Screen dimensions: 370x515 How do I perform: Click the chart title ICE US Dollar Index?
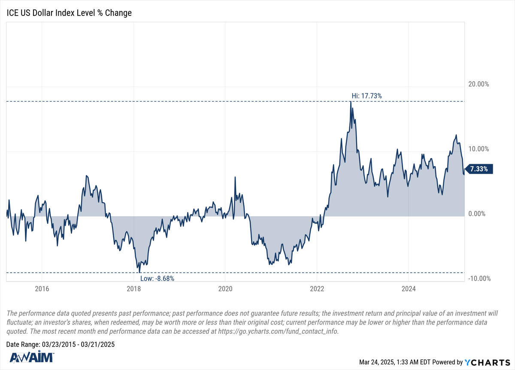(69, 13)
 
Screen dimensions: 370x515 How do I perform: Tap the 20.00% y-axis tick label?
(478, 84)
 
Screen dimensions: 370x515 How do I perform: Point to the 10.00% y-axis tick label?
(478, 149)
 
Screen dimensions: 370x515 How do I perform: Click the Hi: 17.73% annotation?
(364, 96)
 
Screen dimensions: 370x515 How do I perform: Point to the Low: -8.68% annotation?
(157, 278)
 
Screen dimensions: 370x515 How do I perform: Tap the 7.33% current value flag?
(479, 169)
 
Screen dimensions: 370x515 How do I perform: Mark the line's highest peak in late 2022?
(351, 102)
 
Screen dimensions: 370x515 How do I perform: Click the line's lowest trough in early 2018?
(139, 272)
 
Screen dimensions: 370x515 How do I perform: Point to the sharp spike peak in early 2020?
(235, 177)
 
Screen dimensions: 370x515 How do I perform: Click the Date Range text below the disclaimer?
(61, 344)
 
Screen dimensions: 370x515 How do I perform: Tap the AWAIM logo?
(31, 358)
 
